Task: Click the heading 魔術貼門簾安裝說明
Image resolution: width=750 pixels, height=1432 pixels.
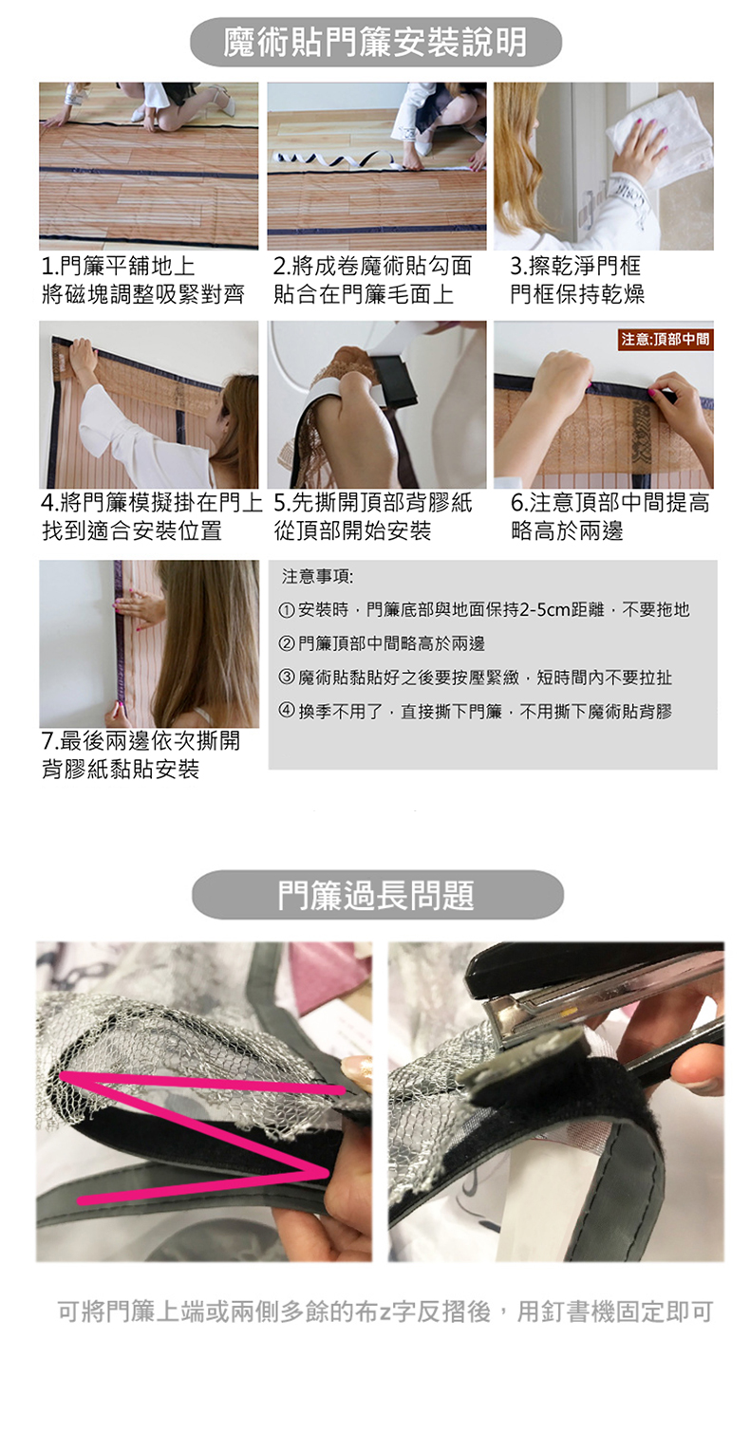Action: [375, 42]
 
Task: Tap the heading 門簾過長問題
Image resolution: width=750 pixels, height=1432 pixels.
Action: [376, 894]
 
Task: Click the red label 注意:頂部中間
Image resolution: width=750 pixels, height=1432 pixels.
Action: [666, 339]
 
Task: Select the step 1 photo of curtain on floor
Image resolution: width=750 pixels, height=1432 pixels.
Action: [148, 165]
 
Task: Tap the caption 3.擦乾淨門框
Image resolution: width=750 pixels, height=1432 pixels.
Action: [574, 266]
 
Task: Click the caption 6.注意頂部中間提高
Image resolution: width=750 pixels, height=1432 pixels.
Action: [610, 502]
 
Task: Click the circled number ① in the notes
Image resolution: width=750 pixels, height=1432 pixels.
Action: [287, 610]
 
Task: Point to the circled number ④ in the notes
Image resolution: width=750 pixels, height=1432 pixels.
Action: [287, 710]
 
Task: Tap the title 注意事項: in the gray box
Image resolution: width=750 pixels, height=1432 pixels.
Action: [318, 577]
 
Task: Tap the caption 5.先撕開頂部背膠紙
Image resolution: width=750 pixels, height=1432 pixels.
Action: [373, 502]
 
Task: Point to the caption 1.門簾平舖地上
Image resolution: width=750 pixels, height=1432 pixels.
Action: [119, 266]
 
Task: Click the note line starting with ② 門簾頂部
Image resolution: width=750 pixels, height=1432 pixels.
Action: [383, 643]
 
